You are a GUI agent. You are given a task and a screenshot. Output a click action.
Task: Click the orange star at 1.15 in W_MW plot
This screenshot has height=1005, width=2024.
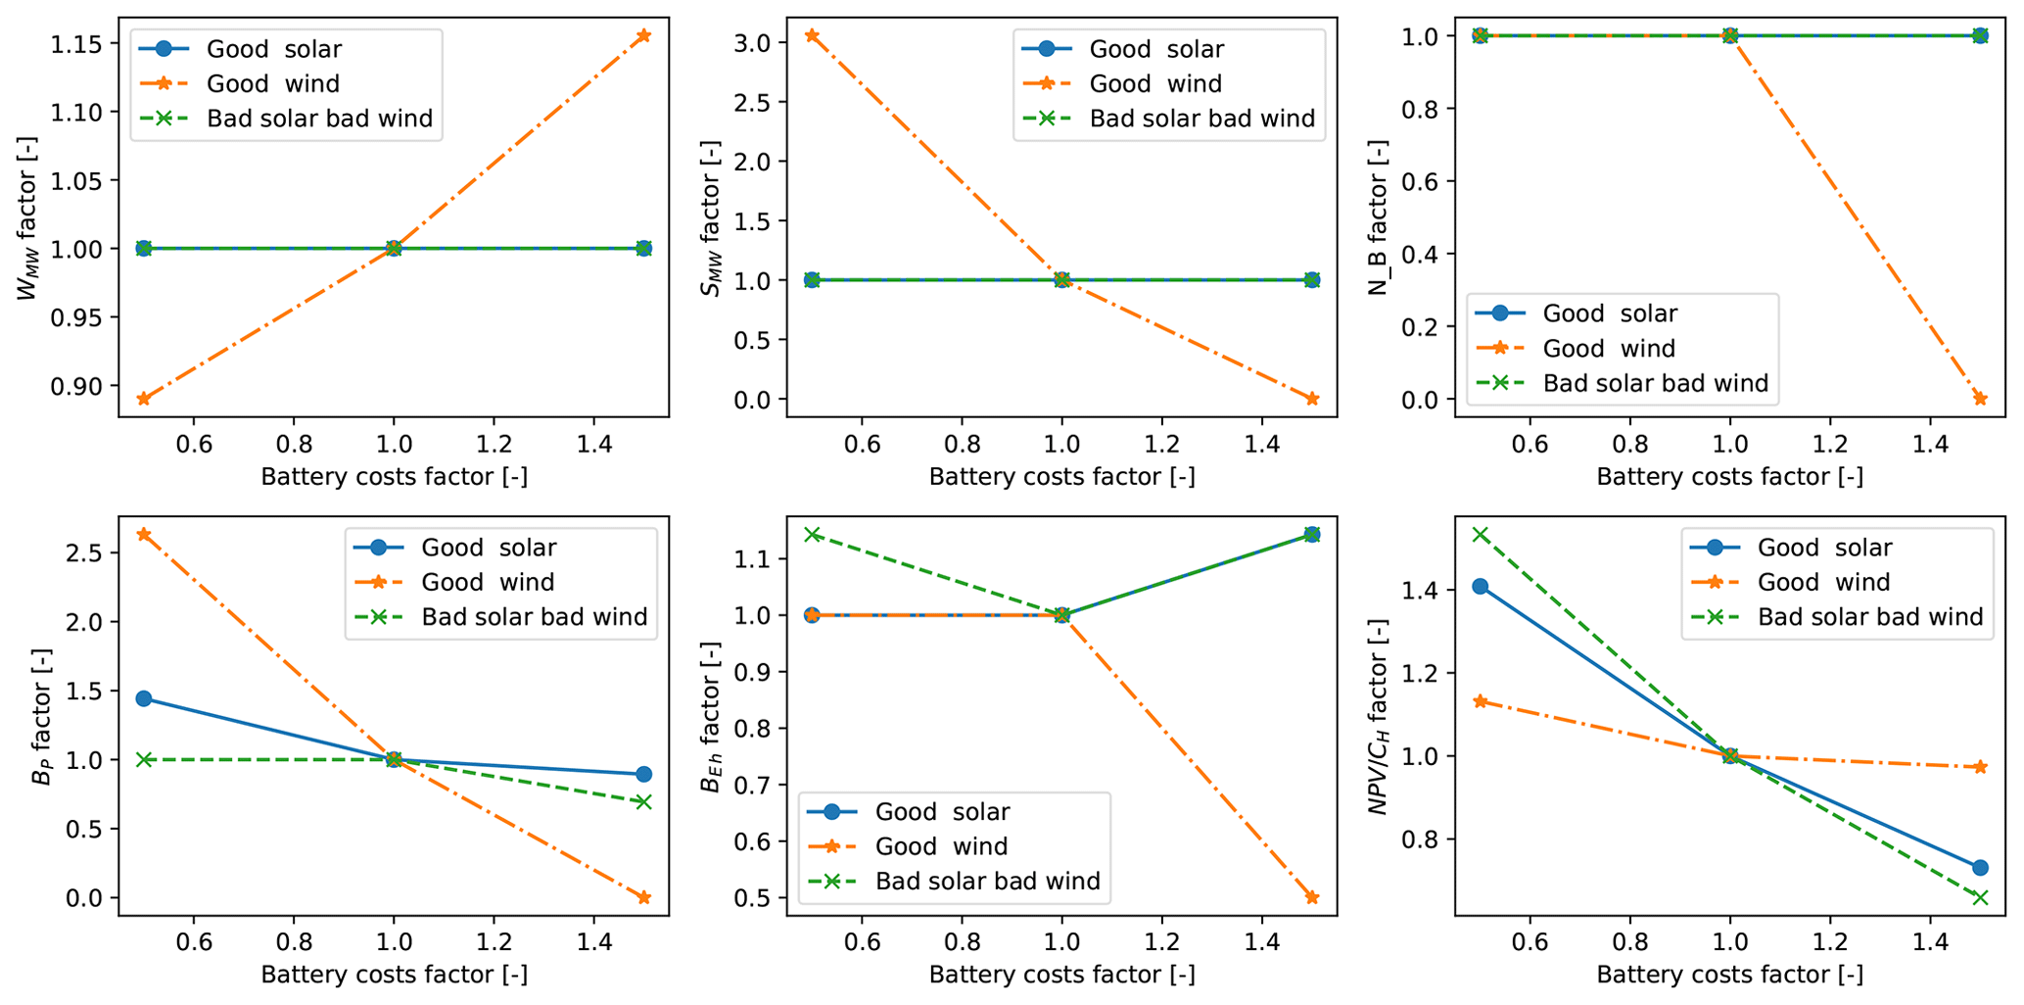[643, 36]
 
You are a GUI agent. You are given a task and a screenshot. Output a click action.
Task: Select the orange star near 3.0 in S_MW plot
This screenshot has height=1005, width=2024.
[812, 36]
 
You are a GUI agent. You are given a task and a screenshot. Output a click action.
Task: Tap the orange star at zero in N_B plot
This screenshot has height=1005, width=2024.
[1980, 399]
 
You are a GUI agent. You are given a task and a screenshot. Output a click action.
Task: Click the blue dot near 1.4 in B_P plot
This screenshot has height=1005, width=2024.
[144, 698]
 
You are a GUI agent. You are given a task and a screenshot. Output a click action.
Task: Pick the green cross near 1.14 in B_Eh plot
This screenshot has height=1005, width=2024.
[812, 534]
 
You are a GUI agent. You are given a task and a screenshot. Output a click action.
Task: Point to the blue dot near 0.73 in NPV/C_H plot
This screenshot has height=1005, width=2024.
[1980, 868]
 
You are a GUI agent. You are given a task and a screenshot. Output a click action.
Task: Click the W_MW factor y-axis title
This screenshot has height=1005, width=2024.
[28, 217]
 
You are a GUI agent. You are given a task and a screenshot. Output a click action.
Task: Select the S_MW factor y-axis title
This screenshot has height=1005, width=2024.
[711, 217]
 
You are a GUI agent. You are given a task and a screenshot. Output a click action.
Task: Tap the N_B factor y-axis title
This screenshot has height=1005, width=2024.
[1379, 217]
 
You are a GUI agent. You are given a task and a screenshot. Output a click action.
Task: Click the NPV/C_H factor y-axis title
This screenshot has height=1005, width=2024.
[1379, 716]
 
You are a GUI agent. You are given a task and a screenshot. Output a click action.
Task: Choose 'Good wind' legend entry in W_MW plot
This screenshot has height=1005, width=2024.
[273, 84]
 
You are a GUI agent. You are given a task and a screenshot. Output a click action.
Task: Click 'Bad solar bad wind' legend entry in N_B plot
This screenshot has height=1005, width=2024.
[1655, 383]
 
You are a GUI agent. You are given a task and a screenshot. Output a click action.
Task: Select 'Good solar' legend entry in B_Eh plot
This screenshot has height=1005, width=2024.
[942, 812]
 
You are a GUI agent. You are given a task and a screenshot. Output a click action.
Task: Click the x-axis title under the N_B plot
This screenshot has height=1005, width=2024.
[1729, 477]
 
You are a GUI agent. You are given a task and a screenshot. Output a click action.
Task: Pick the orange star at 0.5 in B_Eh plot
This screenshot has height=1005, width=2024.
[1312, 897]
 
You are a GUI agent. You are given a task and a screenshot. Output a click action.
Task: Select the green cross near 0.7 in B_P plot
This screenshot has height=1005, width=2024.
[643, 802]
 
